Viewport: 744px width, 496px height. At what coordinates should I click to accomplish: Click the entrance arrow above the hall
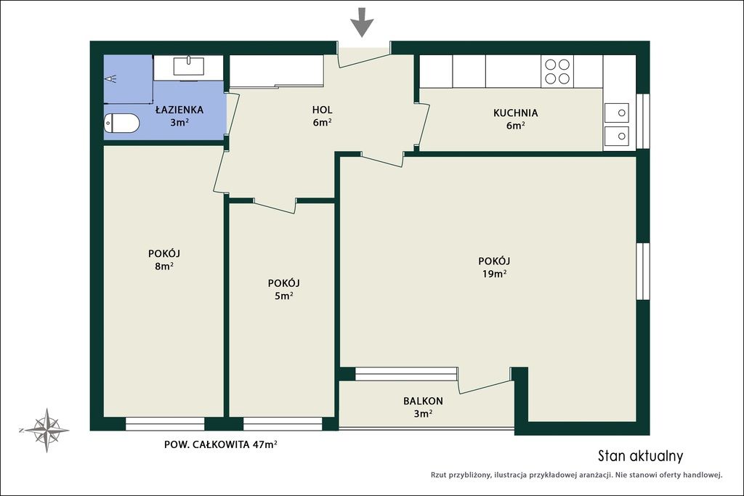point(363,22)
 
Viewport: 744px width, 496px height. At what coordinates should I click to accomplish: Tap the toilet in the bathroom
point(121,123)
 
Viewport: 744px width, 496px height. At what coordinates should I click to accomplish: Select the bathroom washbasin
point(188,66)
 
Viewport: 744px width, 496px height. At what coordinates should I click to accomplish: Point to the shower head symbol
point(110,78)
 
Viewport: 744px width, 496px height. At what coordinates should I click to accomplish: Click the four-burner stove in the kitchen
point(557,71)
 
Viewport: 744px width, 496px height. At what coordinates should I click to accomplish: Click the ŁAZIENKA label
point(179,110)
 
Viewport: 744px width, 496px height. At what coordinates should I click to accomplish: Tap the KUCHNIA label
point(515,113)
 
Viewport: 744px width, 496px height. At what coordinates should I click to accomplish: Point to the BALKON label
point(424,401)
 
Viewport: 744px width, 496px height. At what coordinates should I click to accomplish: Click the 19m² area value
point(494,274)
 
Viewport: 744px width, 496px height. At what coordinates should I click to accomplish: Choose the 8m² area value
point(163,266)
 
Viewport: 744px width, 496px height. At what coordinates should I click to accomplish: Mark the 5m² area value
point(284,296)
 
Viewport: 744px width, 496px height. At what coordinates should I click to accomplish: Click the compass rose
point(46,430)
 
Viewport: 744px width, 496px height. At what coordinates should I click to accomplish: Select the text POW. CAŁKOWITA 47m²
point(221,444)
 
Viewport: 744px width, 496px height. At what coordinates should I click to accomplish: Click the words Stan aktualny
point(641,456)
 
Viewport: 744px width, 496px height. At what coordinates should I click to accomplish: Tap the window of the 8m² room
point(165,424)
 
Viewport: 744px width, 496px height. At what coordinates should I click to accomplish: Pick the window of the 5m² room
point(283,424)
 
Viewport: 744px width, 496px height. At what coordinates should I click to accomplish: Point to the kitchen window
point(643,121)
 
